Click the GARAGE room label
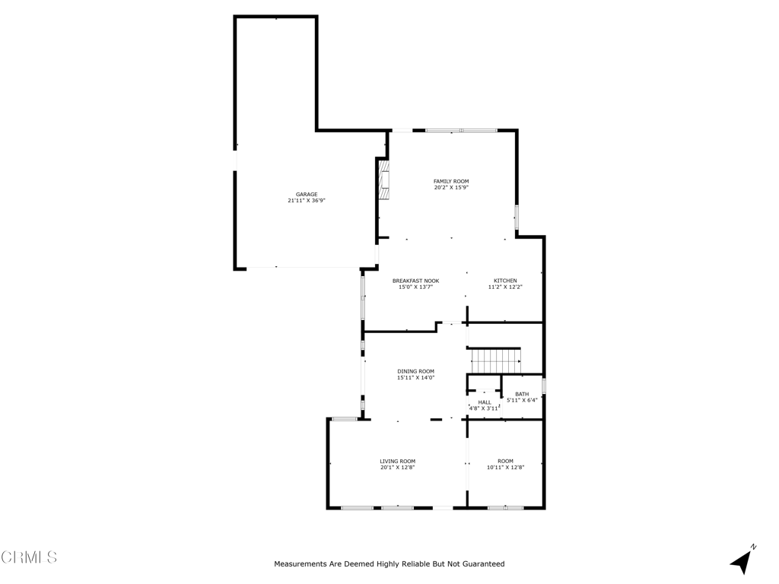tap(307, 195)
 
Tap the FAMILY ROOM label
tap(451, 182)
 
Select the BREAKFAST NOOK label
tap(416, 281)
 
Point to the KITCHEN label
tap(505, 281)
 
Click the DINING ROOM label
tap(416, 371)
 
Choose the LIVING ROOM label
tap(398, 462)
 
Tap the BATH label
tap(522, 395)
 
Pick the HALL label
tap(485, 403)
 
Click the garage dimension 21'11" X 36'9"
tap(307, 201)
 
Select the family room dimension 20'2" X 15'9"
tap(451, 188)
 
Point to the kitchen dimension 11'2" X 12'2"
tap(505, 287)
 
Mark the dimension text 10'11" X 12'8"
tap(506, 468)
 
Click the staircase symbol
tap(495, 361)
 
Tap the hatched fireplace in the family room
tap(384, 179)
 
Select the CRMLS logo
tap(29, 557)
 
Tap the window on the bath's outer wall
tap(544, 386)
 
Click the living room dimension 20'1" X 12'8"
tap(397, 468)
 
